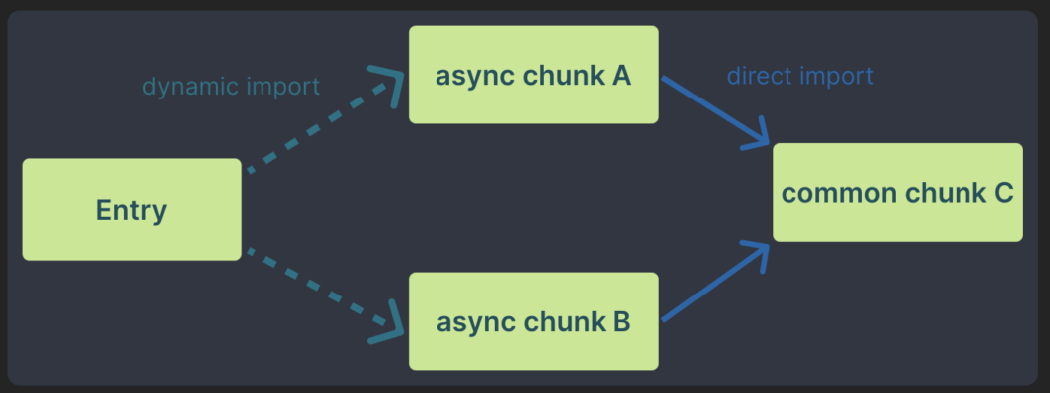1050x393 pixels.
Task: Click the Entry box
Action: (131, 209)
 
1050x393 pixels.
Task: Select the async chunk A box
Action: (533, 75)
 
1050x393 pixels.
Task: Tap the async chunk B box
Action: (533, 321)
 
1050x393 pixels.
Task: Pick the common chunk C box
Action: (897, 192)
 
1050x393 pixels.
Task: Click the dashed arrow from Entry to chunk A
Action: (308, 129)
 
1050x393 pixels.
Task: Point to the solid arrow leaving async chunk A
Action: (711, 109)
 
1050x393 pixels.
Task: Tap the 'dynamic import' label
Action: (231, 87)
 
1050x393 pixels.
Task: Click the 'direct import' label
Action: (799, 76)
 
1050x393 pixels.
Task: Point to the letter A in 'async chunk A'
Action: (620, 75)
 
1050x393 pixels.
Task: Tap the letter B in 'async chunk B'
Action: (620, 321)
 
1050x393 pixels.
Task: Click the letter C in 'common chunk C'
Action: (1001, 193)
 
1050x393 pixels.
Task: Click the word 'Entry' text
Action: (131, 210)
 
